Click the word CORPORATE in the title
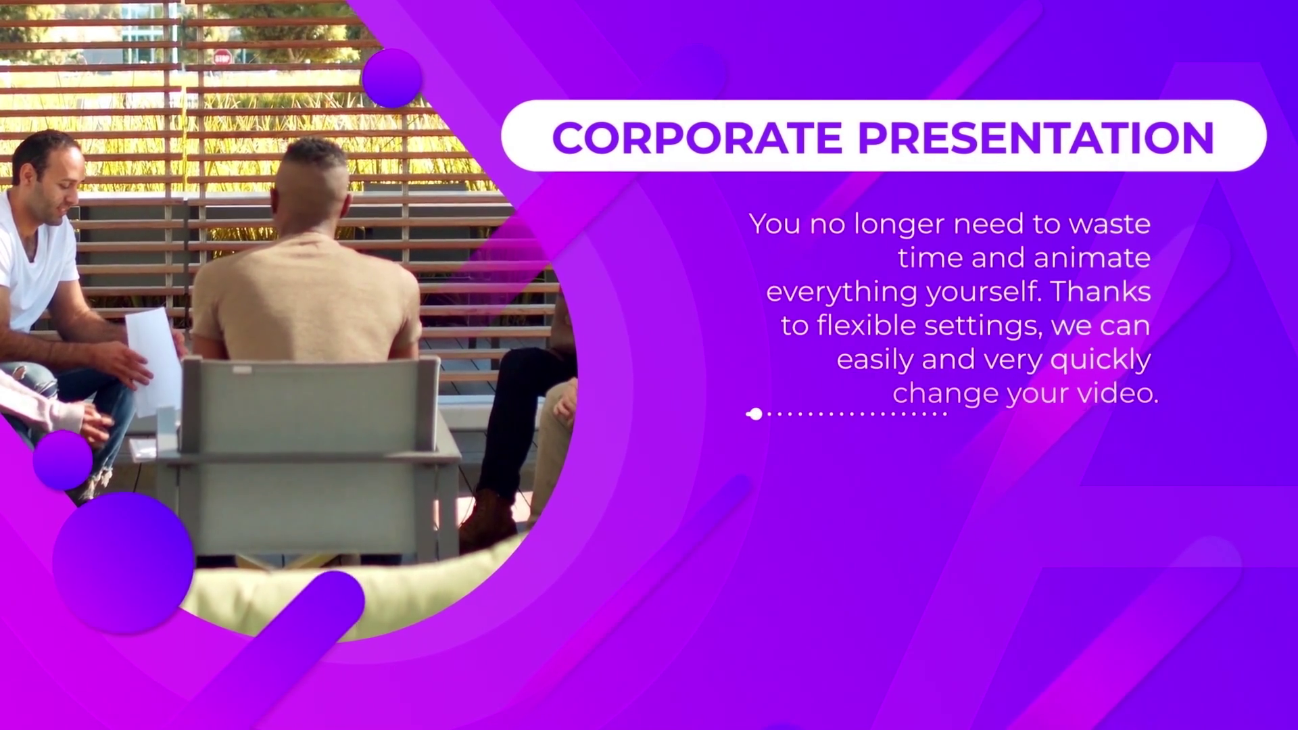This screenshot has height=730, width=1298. click(697, 137)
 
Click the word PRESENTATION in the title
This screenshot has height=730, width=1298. click(1036, 137)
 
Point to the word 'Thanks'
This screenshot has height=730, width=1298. click(1101, 291)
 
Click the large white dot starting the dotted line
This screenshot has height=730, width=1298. click(756, 414)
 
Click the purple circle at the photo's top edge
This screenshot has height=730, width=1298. click(392, 78)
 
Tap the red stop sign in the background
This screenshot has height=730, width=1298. click(222, 57)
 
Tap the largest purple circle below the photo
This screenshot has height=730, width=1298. click(124, 562)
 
